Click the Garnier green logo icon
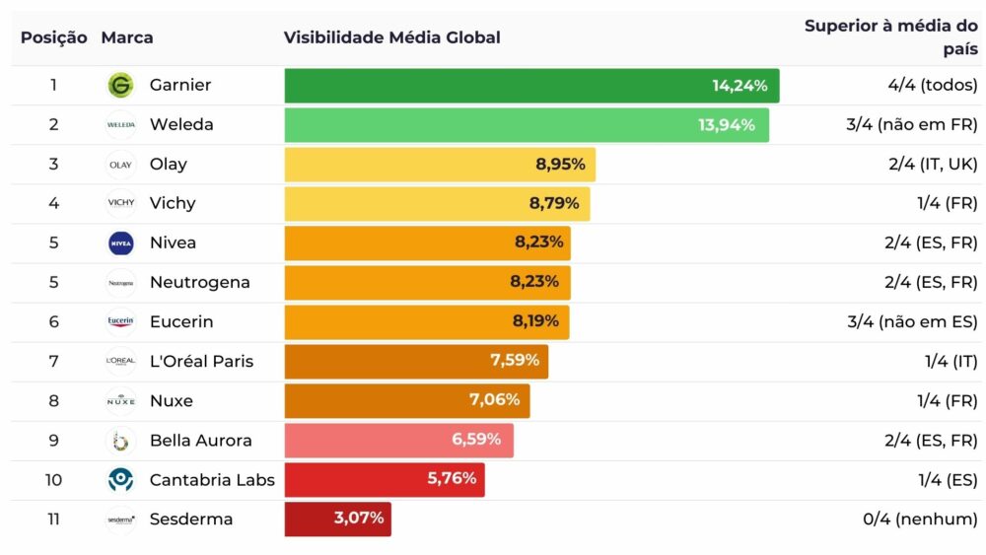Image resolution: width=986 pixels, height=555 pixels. [x=120, y=86]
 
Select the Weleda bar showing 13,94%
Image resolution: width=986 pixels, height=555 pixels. [x=527, y=125]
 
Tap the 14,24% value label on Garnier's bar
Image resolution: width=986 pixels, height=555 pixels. [x=739, y=86]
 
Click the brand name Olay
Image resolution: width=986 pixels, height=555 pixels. [x=168, y=165]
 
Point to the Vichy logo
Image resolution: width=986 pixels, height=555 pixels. [x=120, y=204]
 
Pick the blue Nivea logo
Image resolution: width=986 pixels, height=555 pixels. [x=120, y=243]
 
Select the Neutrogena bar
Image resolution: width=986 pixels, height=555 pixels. [x=427, y=283]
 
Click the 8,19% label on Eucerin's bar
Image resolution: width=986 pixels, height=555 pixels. [x=535, y=321]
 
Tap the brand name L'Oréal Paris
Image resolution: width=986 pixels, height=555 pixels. [x=201, y=362]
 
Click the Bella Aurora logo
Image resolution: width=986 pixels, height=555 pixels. [x=120, y=441]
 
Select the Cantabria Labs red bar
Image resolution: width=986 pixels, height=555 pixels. [x=385, y=480]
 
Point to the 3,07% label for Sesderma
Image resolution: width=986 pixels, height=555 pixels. [x=359, y=519]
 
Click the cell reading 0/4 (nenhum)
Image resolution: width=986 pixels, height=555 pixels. [x=920, y=520]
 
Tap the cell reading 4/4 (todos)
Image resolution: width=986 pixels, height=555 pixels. [x=933, y=86]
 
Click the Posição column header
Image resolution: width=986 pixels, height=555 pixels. [x=54, y=37]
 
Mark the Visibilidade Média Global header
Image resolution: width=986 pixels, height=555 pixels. [x=391, y=37]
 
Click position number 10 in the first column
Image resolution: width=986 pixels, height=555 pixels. [x=54, y=480]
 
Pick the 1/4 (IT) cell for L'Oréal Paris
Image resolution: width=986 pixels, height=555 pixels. [x=951, y=362]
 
